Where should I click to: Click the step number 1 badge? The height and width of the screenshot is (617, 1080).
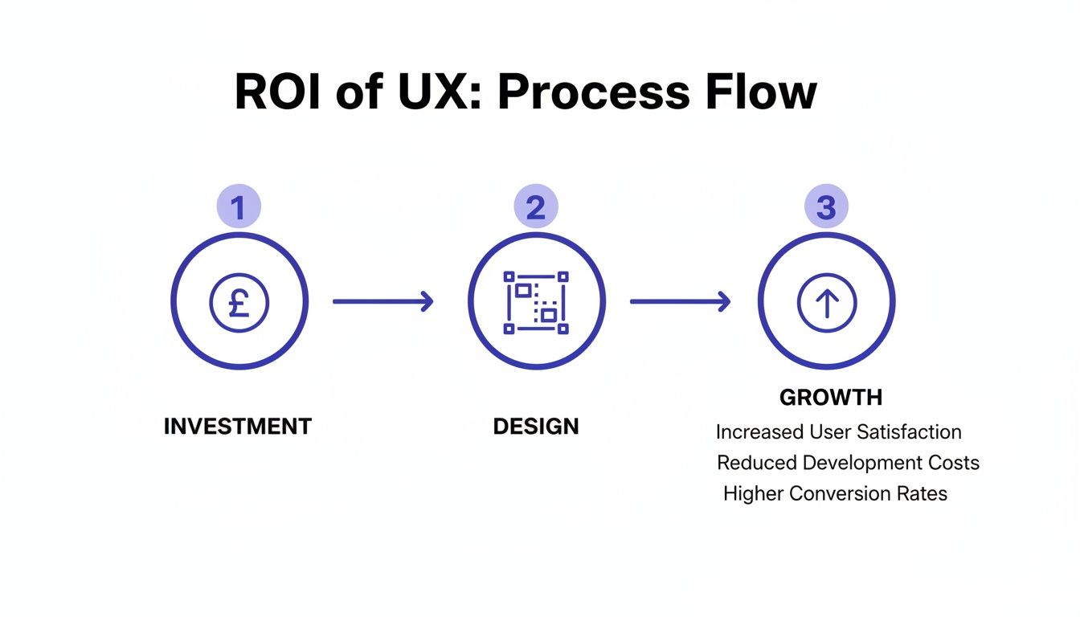coord(239,207)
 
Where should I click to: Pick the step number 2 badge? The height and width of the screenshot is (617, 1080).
coord(536,207)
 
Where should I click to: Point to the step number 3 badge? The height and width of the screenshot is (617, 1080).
coord(826,207)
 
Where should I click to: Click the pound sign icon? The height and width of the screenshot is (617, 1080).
coord(239,303)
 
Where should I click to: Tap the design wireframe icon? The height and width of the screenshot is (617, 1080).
coord(536,303)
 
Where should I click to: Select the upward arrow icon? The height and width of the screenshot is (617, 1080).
coord(827,303)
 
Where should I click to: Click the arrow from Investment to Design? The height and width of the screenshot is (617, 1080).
coord(382,302)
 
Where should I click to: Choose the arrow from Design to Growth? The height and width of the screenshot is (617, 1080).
coord(680,302)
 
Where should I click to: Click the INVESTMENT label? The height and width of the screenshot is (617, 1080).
coord(237,427)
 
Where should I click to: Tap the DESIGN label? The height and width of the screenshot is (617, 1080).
coord(536,427)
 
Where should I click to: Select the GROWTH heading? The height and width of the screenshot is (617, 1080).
coord(831,398)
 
